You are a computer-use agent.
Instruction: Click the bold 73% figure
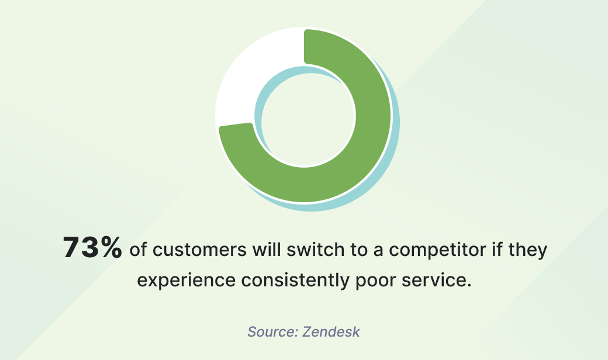92,248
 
